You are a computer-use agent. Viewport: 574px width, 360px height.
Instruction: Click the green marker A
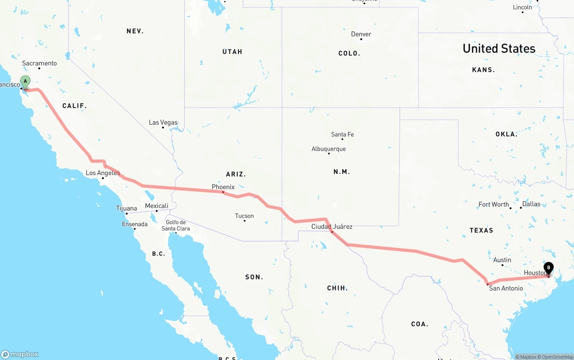(x=26, y=82)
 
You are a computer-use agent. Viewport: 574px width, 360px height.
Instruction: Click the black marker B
(x=548, y=269)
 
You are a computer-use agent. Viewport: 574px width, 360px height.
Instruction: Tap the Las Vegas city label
(x=163, y=122)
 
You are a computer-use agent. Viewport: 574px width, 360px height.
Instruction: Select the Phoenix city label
(x=223, y=187)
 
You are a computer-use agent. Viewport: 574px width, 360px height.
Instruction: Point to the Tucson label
(x=244, y=216)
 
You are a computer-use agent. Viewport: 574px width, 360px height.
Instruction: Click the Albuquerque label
(x=329, y=149)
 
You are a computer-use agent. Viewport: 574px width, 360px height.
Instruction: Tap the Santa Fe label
(x=342, y=134)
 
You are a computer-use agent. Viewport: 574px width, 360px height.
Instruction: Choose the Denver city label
(x=361, y=34)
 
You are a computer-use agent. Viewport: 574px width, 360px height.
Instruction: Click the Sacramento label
(x=39, y=63)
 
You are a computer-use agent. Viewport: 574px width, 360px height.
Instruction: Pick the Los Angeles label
(x=103, y=173)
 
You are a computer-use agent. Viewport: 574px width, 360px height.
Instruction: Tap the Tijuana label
(x=126, y=208)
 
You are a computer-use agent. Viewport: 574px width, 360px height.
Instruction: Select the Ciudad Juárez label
(x=332, y=226)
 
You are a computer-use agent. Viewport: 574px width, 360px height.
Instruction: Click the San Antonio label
(x=506, y=288)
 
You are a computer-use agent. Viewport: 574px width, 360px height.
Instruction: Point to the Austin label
(x=502, y=260)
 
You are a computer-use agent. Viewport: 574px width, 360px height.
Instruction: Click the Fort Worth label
(x=493, y=204)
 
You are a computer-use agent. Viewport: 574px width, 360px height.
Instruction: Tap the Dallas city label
(x=531, y=204)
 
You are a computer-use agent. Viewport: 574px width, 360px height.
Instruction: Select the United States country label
(x=499, y=48)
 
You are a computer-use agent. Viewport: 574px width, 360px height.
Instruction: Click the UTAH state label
(x=232, y=52)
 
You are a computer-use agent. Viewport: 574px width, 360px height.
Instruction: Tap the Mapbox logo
(x=20, y=354)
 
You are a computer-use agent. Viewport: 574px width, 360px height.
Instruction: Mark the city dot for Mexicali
(x=157, y=211)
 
